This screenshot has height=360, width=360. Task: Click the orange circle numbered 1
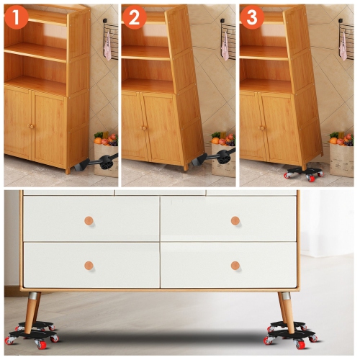click(x=16, y=17)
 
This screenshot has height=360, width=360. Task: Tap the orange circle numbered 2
click(x=134, y=17)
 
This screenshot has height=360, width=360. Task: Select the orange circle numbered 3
click(x=251, y=17)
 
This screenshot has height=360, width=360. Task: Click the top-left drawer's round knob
click(x=89, y=220)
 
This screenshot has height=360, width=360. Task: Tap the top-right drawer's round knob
click(x=235, y=220)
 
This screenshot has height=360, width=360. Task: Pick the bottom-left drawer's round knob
click(x=89, y=266)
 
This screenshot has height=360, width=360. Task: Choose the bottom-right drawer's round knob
click(x=235, y=266)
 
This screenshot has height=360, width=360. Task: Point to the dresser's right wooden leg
click(x=287, y=310)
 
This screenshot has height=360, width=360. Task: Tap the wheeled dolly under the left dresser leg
click(x=32, y=333)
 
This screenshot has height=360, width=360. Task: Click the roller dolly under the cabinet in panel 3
click(x=303, y=172)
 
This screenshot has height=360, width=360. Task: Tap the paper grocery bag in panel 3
click(x=341, y=158)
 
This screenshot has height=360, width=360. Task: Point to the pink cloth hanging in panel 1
click(x=107, y=45)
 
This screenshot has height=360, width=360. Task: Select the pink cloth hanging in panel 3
click(x=343, y=45)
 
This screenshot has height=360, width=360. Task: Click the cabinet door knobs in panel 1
click(x=31, y=127)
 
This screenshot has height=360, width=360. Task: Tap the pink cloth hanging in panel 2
click(x=225, y=45)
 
